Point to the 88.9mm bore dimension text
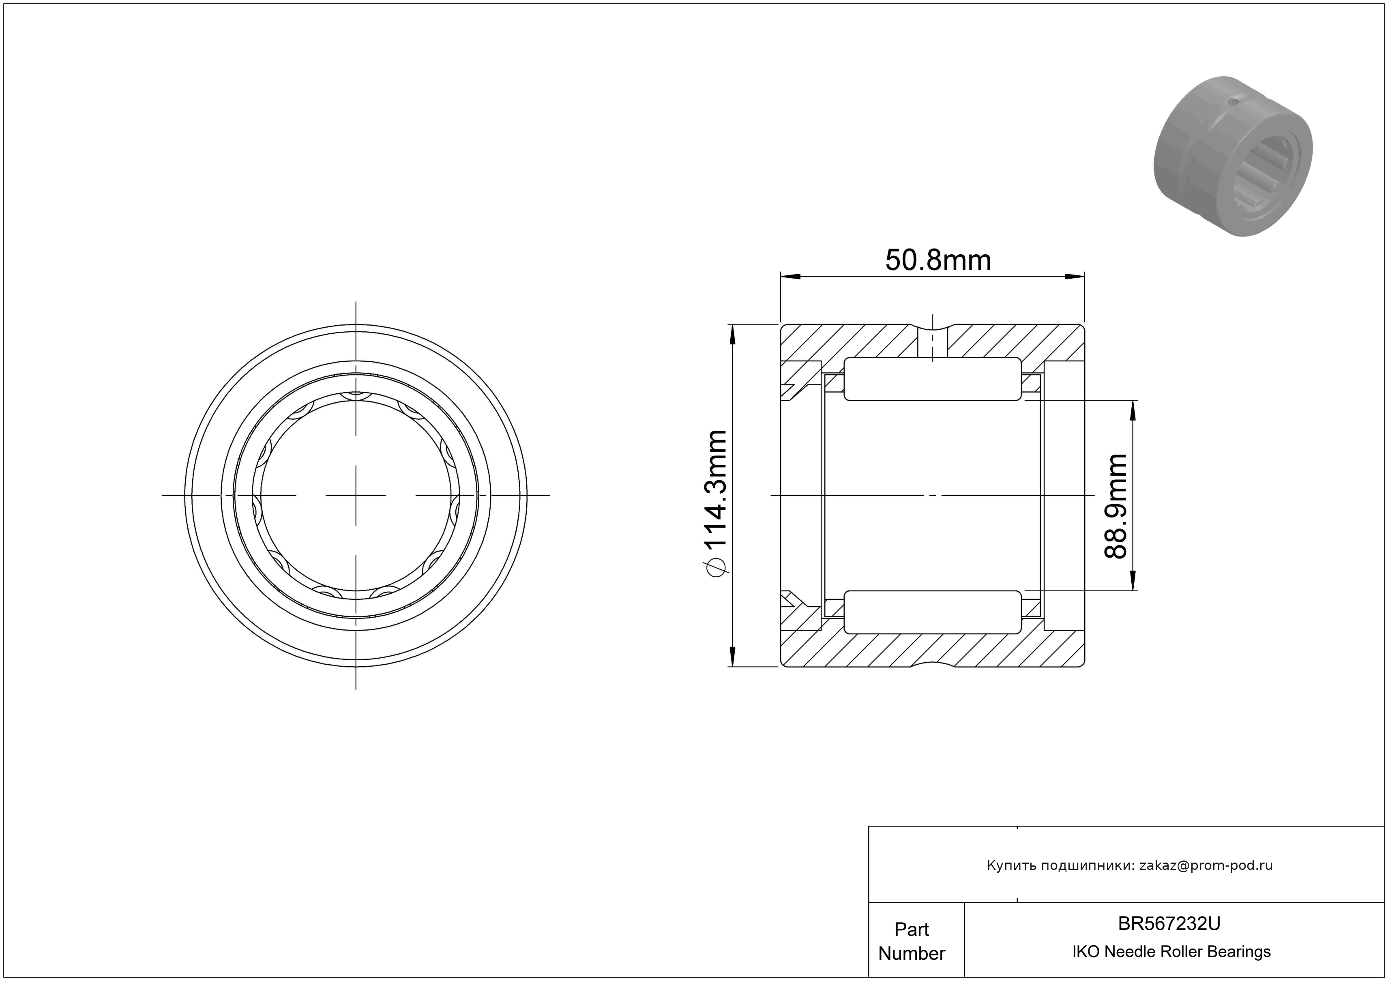pos(1116,506)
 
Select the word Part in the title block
pos(912,929)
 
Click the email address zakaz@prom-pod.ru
pos(1206,865)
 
